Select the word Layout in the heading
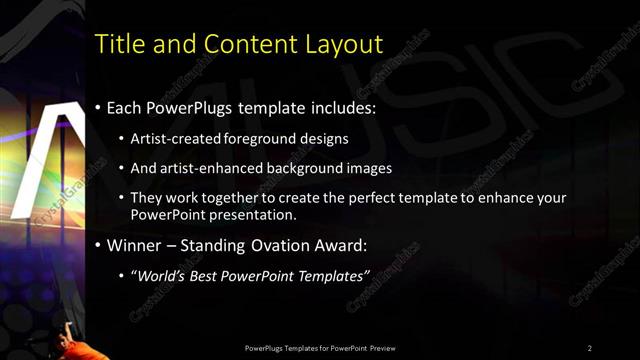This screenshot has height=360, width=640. [344, 45]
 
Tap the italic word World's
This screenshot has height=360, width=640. [162, 275]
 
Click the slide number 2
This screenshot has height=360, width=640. [590, 347]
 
